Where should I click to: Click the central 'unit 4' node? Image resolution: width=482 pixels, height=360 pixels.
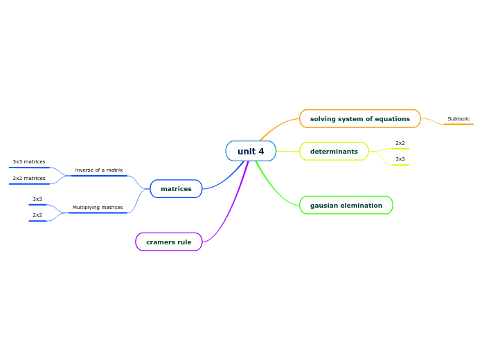(x=251, y=151)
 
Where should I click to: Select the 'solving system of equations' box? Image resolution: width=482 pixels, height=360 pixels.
(x=359, y=118)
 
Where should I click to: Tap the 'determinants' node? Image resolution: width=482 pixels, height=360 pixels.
(x=334, y=151)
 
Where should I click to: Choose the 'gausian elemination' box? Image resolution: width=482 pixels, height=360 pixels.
(x=346, y=205)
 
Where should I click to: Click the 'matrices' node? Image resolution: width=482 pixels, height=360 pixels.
(x=176, y=188)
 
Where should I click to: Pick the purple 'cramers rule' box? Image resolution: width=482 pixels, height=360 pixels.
(x=168, y=242)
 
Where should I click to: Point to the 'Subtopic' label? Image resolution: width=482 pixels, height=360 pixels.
(x=458, y=118)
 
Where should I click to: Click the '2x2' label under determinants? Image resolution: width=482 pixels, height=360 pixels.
(x=400, y=143)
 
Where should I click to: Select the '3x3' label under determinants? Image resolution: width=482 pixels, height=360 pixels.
(x=400, y=159)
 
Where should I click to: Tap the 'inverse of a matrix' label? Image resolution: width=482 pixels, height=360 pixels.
(x=99, y=170)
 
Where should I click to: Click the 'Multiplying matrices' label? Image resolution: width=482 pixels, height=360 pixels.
(x=98, y=207)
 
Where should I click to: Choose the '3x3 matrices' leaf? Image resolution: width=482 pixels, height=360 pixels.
(x=29, y=161)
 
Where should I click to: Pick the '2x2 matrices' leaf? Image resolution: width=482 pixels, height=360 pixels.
(x=29, y=178)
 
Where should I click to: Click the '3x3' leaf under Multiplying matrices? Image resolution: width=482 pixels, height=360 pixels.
(x=37, y=199)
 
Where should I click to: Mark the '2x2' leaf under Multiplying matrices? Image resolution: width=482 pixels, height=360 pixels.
(x=37, y=215)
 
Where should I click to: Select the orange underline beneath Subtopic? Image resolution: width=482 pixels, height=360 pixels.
(x=458, y=124)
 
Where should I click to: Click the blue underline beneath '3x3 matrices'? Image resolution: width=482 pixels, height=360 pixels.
(x=29, y=168)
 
